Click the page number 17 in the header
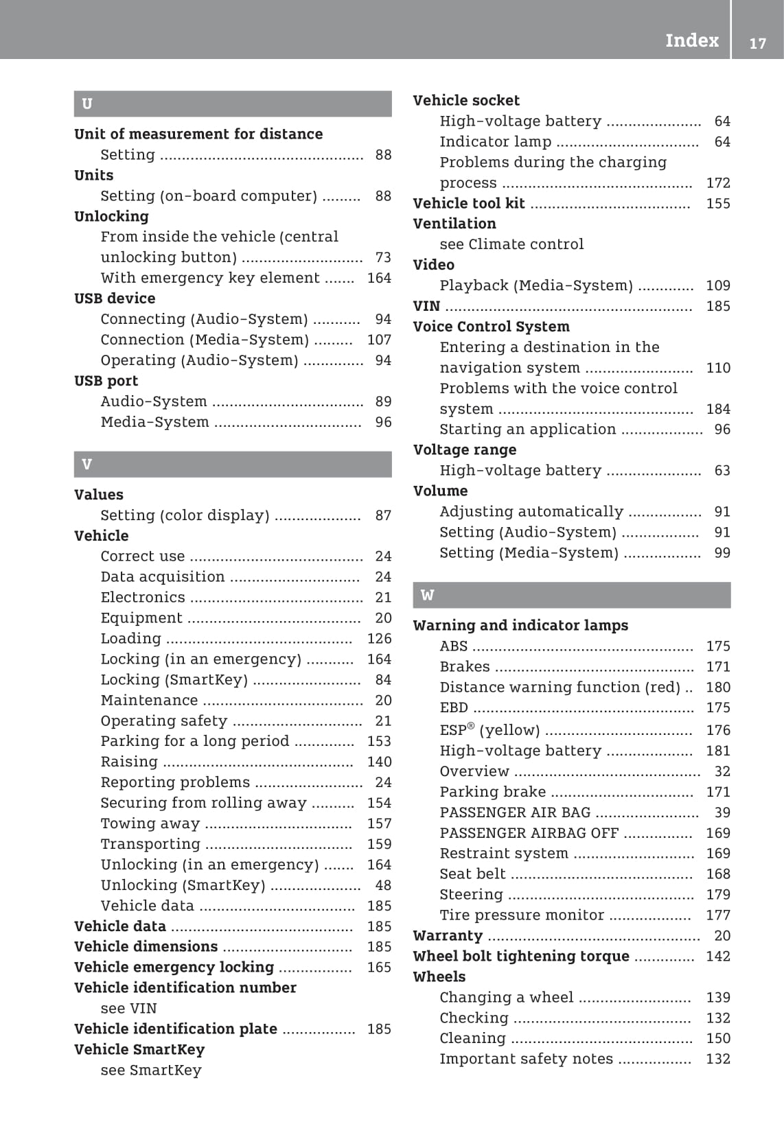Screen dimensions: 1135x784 coord(757,43)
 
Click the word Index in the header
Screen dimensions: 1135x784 coord(691,40)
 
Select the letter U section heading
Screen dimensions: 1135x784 coord(87,104)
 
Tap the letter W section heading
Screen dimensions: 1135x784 coord(427,595)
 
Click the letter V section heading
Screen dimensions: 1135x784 coord(87,464)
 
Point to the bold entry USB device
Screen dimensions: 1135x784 coord(115,299)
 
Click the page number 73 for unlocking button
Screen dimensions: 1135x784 coord(383,257)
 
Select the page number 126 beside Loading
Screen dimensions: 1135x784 coord(379,638)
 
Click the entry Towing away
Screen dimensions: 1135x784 coord(150,823)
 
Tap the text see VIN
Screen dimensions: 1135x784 coord(128,1008)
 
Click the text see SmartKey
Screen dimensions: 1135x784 coord(151,1070)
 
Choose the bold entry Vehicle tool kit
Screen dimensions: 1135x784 coord(469,203)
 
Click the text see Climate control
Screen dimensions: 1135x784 coord(511,244)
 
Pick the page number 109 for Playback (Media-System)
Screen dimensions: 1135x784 coord(718,285)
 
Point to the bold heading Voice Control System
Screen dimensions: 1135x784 coord(491,327)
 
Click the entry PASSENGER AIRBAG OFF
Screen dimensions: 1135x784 coord(529,833)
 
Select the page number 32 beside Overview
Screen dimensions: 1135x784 coord(722,771)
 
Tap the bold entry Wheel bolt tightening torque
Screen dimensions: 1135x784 coord(521,956)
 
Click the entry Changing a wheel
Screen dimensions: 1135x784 coord(507,997)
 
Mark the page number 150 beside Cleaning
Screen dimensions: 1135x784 coord(718,1038)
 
